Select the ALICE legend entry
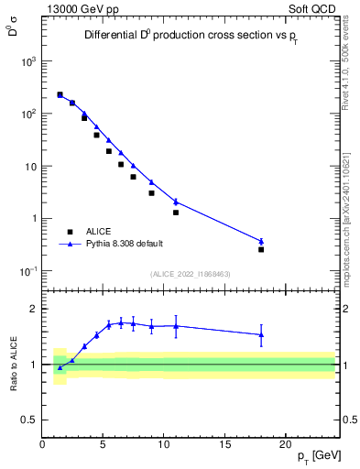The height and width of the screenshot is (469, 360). click(x=99, y=233)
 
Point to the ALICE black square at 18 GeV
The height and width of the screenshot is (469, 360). click(x=261, y=249)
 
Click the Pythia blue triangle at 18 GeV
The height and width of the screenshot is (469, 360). click(x=261, y=241)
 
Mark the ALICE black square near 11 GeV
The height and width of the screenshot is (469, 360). click(x=176, y=213)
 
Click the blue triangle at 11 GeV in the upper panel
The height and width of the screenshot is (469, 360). click(x=176, y=202)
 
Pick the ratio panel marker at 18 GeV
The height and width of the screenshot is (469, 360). click(x=261, y=334)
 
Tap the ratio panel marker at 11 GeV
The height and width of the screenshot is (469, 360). click(x=176, y=325)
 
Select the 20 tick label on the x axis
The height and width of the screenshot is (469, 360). click(x=286, y=442)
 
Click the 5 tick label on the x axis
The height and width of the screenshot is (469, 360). click(x=104, y=442)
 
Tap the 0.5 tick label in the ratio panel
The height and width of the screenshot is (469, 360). click(x=29, y=420)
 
